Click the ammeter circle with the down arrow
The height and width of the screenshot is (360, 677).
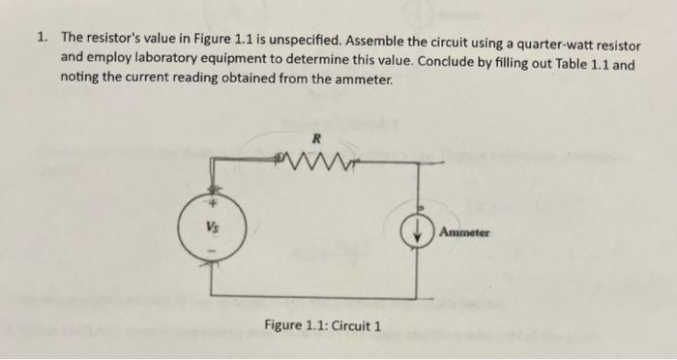point(418,234)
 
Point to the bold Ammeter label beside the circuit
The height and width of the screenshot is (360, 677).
point(464,233)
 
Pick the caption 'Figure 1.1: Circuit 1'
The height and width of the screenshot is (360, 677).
point(322,324)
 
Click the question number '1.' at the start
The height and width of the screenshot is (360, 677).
point(44,38)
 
